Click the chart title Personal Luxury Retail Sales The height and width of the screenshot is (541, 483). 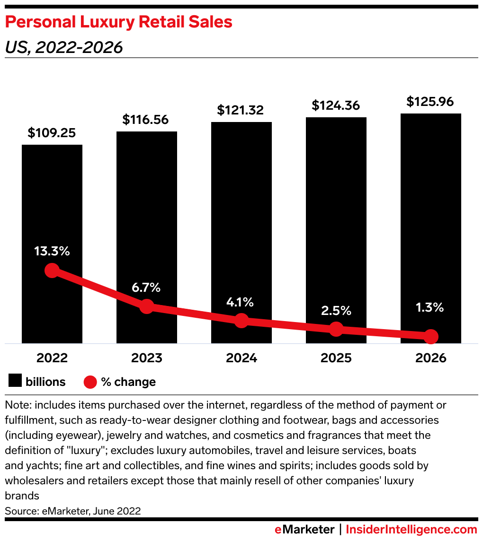click(118, 22)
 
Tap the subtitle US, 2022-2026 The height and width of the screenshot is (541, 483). click(63, 47)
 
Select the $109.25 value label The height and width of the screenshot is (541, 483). click(52, 133)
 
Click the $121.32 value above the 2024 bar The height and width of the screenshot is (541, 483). click(241, 110)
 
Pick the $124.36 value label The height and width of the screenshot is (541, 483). click(335, 105)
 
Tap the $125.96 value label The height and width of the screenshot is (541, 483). click(430, 101)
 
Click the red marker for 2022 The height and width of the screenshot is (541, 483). click(52, 270)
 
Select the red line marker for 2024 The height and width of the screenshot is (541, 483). click(241, 320)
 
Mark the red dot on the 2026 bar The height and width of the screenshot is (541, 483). click(431, 337)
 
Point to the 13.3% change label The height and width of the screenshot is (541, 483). click(52, 251)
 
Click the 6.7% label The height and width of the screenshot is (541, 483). click(146, 287)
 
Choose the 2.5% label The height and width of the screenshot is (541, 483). click(336, 311)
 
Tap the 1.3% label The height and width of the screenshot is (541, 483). click(430, 307)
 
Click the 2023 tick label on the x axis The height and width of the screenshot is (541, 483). click(147, 358)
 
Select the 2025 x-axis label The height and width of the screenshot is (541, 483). click(336, 358)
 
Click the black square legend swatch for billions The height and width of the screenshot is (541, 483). click(15, 382)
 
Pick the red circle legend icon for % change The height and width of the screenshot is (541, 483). click(90, 382)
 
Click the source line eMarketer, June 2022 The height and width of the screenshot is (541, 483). click(72, 511)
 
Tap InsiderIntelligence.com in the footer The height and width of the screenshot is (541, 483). click(411, 529)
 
